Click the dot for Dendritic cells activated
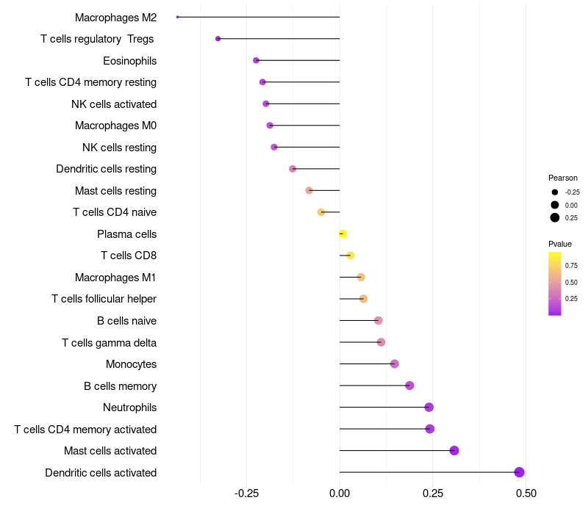click(x=519, y=472)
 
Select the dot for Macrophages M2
click(x=178, y=17)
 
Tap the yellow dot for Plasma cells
click(x=343, y=234)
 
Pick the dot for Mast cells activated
click(x=454, y=451)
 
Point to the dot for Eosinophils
click(x=256, y=60)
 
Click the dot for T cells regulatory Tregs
click(x=218, y=38)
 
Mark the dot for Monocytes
click(x=395, y=364)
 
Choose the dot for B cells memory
click(x=409, y=385)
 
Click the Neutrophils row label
click(x=129, y=408)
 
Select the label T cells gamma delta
click(x=109, y=342)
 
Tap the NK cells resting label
click(x=119, y=148)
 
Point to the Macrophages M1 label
click(x=115, y=278)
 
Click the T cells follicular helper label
click(x=104, y=299)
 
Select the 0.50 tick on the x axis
click(x=526, y=493)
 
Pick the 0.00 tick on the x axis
click(x=340, y=493)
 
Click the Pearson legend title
click(x=563, y=178)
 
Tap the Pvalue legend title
click(x=560, y=244)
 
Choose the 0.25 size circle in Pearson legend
click(x=555, y=217)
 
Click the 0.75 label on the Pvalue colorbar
click(x=571, y=266)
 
